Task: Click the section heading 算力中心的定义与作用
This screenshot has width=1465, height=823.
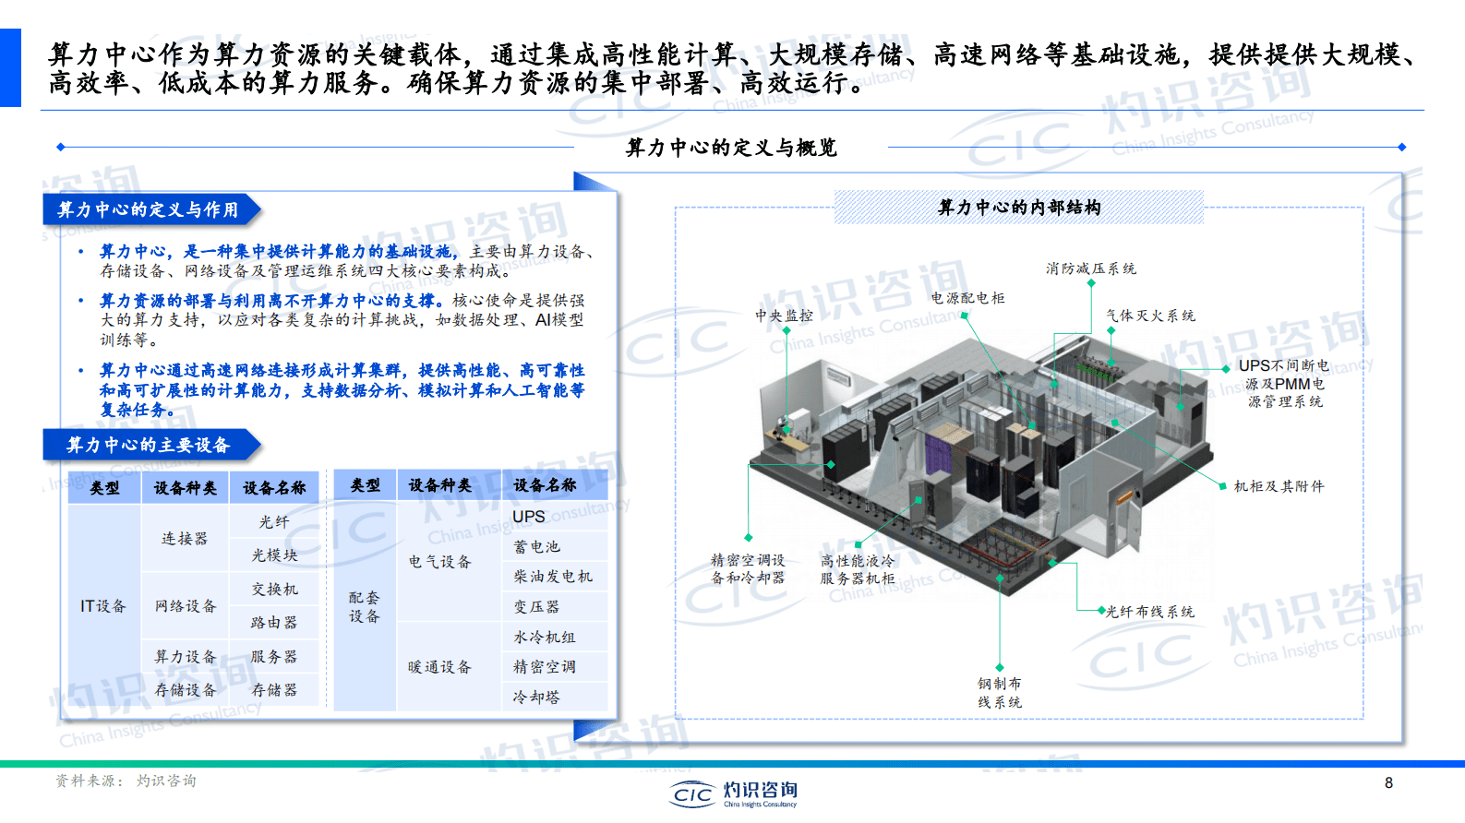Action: coord(148,209)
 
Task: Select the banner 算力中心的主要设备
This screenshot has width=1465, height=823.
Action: coord(148,445)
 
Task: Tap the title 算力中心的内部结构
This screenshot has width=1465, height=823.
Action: coord(1019,207)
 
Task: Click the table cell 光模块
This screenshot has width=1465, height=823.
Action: coord(274,555)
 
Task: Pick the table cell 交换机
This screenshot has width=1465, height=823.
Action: coord(274,589)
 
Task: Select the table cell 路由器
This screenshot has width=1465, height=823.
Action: coord(274,622)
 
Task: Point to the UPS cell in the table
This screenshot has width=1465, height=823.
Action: coord(529,517)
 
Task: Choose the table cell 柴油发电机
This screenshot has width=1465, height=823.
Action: coord(553,577)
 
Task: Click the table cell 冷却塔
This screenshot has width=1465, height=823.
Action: coord(536,697)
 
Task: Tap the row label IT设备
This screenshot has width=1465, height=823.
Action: coord(102,606)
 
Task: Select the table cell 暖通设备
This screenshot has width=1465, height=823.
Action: coord(439,666)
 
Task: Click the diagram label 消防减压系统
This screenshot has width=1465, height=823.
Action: coord(1090,268)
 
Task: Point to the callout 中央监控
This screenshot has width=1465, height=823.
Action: coord(784,316)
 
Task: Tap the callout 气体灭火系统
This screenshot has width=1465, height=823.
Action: coord(1150,316)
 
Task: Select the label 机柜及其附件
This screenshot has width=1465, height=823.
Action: coord(1279,486)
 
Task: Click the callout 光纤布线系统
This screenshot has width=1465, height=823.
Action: coord(1149,611)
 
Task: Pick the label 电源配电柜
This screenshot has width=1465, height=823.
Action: coord(967,298)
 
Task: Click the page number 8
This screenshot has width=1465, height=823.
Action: coord(1388,782)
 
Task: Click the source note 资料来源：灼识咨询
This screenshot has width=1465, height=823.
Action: coord(126,781)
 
